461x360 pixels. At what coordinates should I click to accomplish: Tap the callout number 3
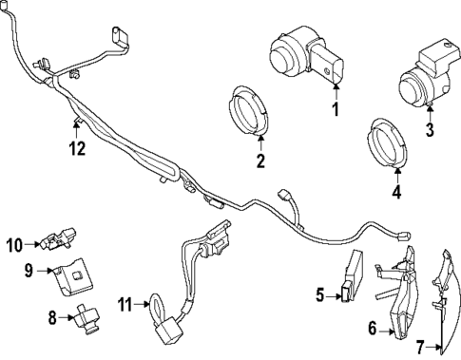tap(429, 130)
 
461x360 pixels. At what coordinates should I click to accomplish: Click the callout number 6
tap(374, 331)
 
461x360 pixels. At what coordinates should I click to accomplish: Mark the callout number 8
tap(53, 316)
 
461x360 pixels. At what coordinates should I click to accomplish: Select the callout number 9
tap(29, 271)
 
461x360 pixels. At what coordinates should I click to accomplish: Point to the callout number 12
tap(77, 147)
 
